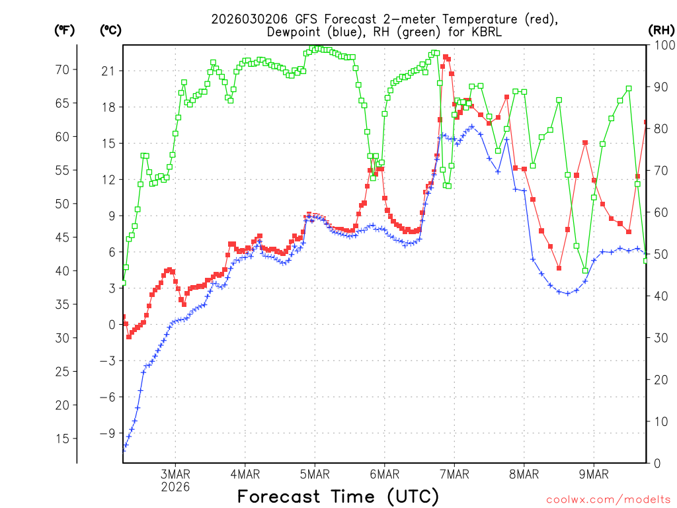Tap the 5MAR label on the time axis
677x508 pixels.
[315, 474]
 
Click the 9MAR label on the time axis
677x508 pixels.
[594, 474]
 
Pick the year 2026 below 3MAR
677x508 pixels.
[175, 487]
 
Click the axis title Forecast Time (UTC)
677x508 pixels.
[338, 496]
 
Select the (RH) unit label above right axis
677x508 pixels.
[660, 30]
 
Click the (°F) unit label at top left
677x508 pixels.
[65, 30]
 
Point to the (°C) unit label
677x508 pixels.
[111, 30]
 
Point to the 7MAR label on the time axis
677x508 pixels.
[454, 474]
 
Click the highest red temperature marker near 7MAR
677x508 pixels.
[446, 57]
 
